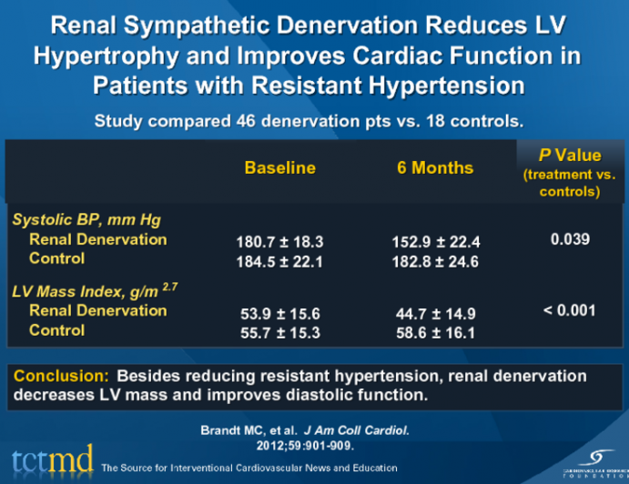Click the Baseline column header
[x=279, y=168]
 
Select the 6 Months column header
[x=434, y=168]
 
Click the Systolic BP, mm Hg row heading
[x=86, y=220]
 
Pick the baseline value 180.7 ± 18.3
[x=279, y=242]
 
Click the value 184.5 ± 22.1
[x=279, y=262]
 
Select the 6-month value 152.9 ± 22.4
[x=434, y=242]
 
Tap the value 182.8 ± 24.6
[x=434, y=262]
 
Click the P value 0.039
[x=570, y=239]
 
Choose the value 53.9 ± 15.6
[x=279, y=314]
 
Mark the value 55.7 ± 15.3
[x=279, y=333]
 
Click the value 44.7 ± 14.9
[x=434, y=314]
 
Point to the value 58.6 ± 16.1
[x=434, y=333]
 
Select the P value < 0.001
[x=570, y=311]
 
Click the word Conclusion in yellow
[x=61, y=376]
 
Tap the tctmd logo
[x=51, y=462]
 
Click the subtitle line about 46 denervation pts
[x=313, y=120]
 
